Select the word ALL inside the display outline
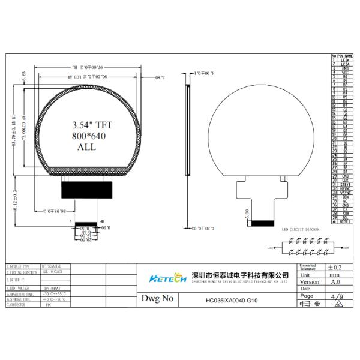tap(86, 146)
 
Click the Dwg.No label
tap(157, 298)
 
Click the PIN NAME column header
tap(345, 56)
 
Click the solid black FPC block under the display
tap(87, 191)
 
